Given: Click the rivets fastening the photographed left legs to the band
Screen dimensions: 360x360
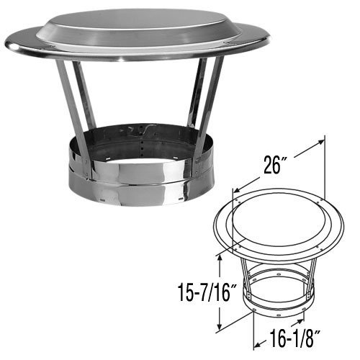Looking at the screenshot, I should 87,170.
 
